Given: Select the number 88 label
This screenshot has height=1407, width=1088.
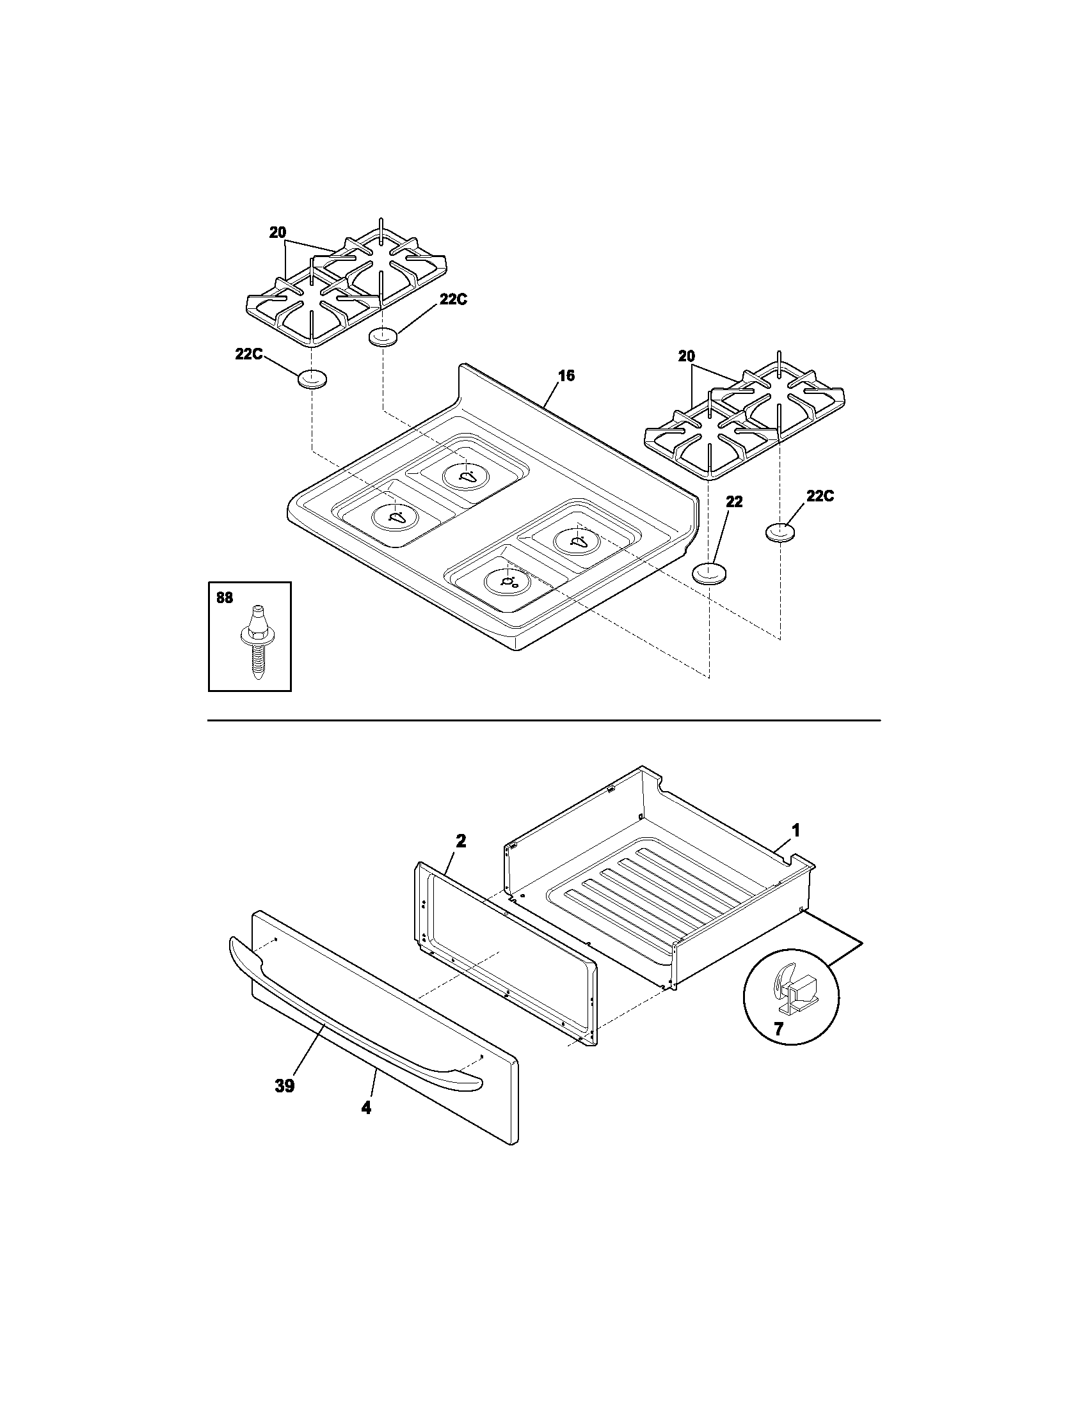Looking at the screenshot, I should pyautogui.click(x=224, y=598).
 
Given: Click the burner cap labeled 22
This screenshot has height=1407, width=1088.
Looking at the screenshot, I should pyautogui.click(x=708, y=572).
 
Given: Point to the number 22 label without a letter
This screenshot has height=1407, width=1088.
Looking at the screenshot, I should pyautogui.click(x=733, y=502).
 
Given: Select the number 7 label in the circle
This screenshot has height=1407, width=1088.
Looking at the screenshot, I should pyautogui.click(x=778, y=1030).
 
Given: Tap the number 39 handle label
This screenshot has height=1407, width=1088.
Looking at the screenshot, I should pyautogui.click(x=284, y=1086).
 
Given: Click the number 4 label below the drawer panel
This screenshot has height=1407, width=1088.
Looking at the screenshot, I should pyautogui.click(x=365, y=1108).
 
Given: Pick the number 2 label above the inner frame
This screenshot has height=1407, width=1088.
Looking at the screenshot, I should pyautogui.click(x=461, y=840).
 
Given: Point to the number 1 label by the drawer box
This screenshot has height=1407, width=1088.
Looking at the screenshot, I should pyautogui.click(x=796, y=830).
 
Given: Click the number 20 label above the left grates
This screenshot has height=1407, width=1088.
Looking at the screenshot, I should pyautogui.click(x=278, y=233).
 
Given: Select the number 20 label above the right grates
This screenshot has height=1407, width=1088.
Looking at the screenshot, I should pyautogui.click(x=687, y=356).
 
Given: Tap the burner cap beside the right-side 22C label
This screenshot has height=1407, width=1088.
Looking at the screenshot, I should pyautogui.click(x=780, y=533).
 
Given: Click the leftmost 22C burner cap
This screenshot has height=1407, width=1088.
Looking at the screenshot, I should pyautogui.click(x=312, y=380).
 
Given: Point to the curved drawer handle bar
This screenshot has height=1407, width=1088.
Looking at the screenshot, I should pyautogui.click(x=348, y=1026).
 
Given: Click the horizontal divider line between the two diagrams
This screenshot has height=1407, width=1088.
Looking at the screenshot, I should pyautogui.click(x=543, y=719).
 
